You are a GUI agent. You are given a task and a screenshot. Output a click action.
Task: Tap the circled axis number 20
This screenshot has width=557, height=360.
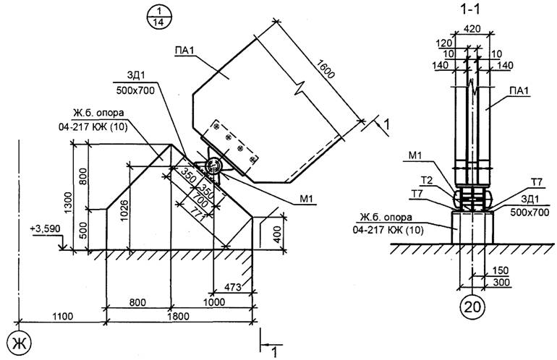[x=472, y=307]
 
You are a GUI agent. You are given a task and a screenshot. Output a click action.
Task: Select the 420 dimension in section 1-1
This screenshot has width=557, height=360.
[x=472, y=29]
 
